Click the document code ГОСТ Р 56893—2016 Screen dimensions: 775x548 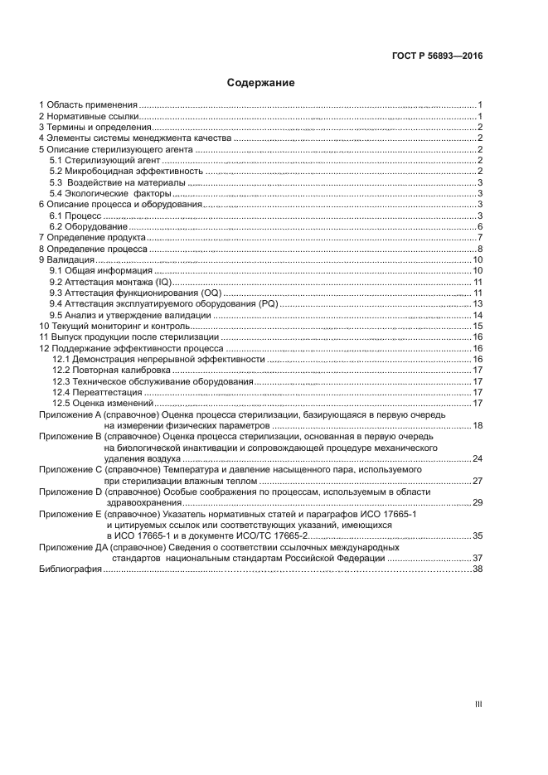click(x=436, y=56)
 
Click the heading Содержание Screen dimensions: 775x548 click(x=261, y=83)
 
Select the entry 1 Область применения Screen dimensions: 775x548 click(x=88, y=105)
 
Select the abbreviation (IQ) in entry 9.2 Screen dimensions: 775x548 click(x=163, y=282)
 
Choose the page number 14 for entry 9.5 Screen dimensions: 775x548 click(x=478, y=316)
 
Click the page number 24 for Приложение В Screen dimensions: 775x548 click(x=478, y=458)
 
